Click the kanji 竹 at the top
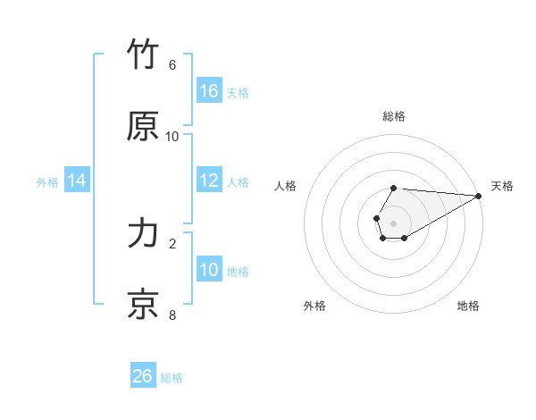[x=144, y=55]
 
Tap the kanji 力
[x=144, y=233]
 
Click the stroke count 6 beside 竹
[x=172, y=65]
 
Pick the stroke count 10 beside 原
[x=172, y=137]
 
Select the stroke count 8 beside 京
[x=172, y=315]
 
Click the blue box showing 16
[x=209, y=91]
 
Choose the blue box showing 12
[x=209, y=181]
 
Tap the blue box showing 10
[x=209, y=270]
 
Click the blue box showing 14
[x=77, y=181]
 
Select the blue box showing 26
[x=143, y=376]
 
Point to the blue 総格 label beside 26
[x=172, y=378]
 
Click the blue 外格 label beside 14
[x=47, y=182]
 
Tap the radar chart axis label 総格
[x=394, y=116]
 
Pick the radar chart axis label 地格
[x=468, y=307]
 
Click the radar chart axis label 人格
[x=286, y=186]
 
